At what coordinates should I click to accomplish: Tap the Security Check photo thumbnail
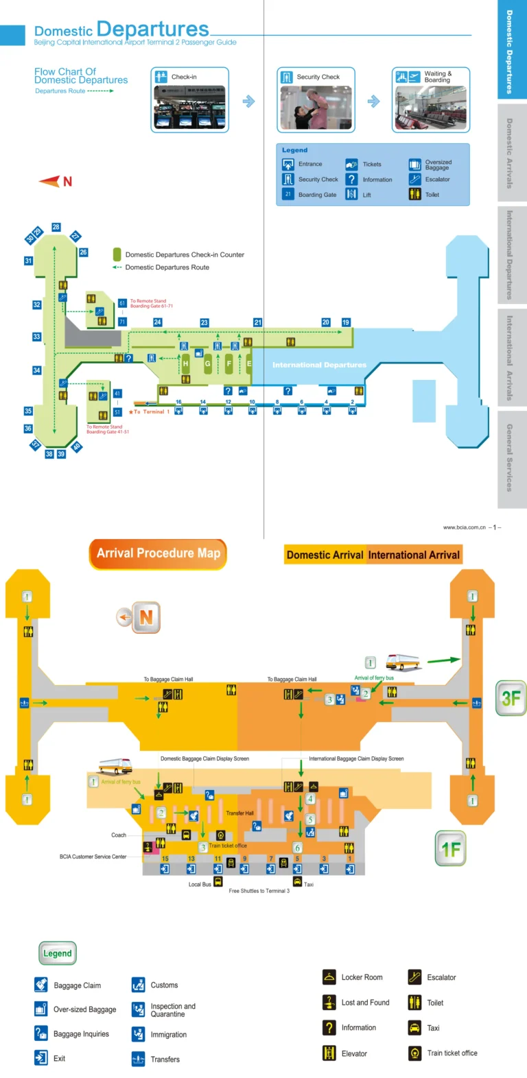pos(316,107)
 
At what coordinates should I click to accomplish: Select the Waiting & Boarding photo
pos(431,107)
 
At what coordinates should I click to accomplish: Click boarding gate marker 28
pos(56,227)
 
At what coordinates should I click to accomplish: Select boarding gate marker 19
pos(346,322)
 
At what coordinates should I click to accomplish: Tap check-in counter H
pos(185,363)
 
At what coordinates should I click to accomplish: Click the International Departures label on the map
pos(319,365)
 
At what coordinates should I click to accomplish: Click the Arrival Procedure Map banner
pos(158,553)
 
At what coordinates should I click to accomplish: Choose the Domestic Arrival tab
pos(325,555)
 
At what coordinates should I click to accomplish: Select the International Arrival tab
pos(414,555)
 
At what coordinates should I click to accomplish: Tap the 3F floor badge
pos(511,698)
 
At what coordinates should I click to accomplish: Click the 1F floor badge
pos(451,849)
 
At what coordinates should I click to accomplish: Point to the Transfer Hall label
pos(239,813)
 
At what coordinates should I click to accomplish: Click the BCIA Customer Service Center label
pos(93,857)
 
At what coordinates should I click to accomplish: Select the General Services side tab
pos(511,458)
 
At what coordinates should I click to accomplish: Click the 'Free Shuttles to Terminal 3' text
pos(259,891)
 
